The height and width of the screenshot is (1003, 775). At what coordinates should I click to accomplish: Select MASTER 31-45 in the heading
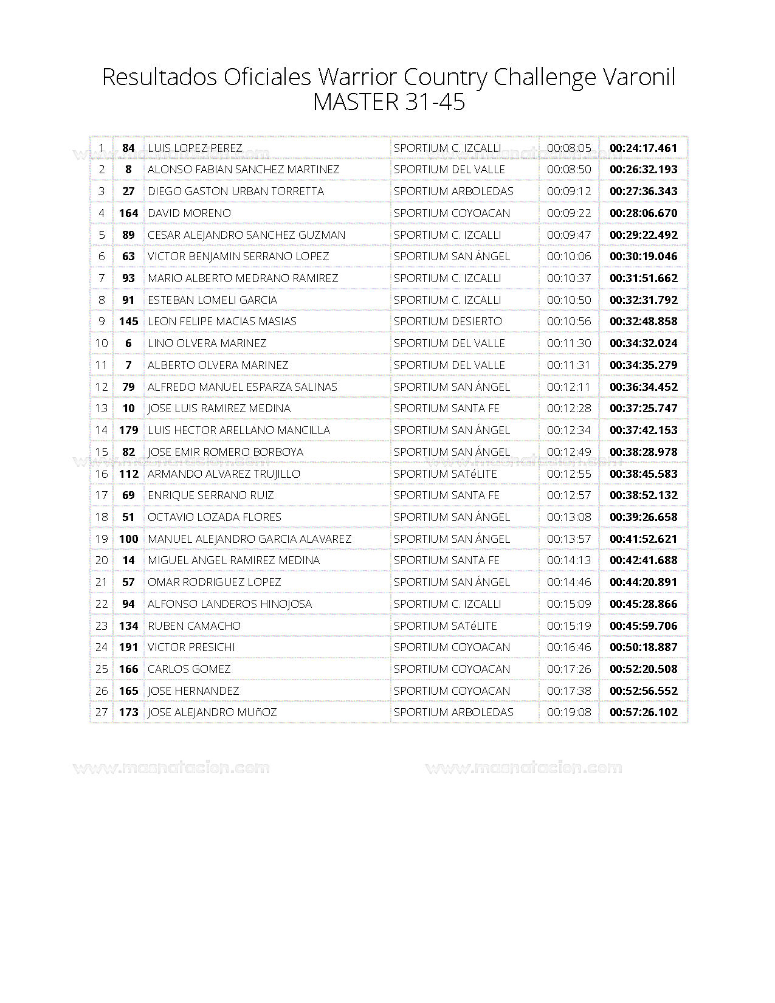click(x=388, y=102)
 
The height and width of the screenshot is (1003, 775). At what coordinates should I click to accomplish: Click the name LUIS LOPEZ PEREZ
click(x=195, y=148)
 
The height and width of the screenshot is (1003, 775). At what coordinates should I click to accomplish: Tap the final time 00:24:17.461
click(x=643, y=148)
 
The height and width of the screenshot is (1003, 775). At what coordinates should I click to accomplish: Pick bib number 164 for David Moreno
click(x=128, y=213)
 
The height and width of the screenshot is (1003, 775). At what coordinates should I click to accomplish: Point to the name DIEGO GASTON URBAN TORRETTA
click(x=236, y=191)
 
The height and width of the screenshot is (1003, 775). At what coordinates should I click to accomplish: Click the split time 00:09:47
click(x=568, y=235)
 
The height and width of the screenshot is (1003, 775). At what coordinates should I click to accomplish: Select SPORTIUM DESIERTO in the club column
click(x=447, y=321)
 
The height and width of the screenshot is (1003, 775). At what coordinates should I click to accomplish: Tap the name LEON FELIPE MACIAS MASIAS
click(x=222, y=321)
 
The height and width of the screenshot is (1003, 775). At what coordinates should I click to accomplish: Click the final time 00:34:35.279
click(x=643, y=365)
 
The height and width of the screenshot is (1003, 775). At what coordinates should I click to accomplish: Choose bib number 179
click(x=128, y=430)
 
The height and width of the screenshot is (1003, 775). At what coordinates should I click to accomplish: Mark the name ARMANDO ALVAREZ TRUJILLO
click(x=224, y=474)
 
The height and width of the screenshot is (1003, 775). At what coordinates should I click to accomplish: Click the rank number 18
click(x=102, y=517)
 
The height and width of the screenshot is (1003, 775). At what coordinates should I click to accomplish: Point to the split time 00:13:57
click(x=568, y=539)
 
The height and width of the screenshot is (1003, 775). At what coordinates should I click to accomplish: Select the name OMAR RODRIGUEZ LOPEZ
click(x=214, y=582)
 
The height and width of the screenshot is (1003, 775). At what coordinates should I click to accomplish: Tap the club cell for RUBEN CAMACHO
click(x=445, y=626)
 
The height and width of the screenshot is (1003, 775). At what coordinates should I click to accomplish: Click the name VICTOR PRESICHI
click(x=191, y=647)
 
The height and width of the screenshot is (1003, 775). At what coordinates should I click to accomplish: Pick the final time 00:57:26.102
click(x=643, y=712)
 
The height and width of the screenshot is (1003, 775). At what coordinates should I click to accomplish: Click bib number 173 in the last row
click(x=128, y=712)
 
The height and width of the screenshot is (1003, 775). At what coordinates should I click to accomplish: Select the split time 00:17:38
click(x=568, y=691)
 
